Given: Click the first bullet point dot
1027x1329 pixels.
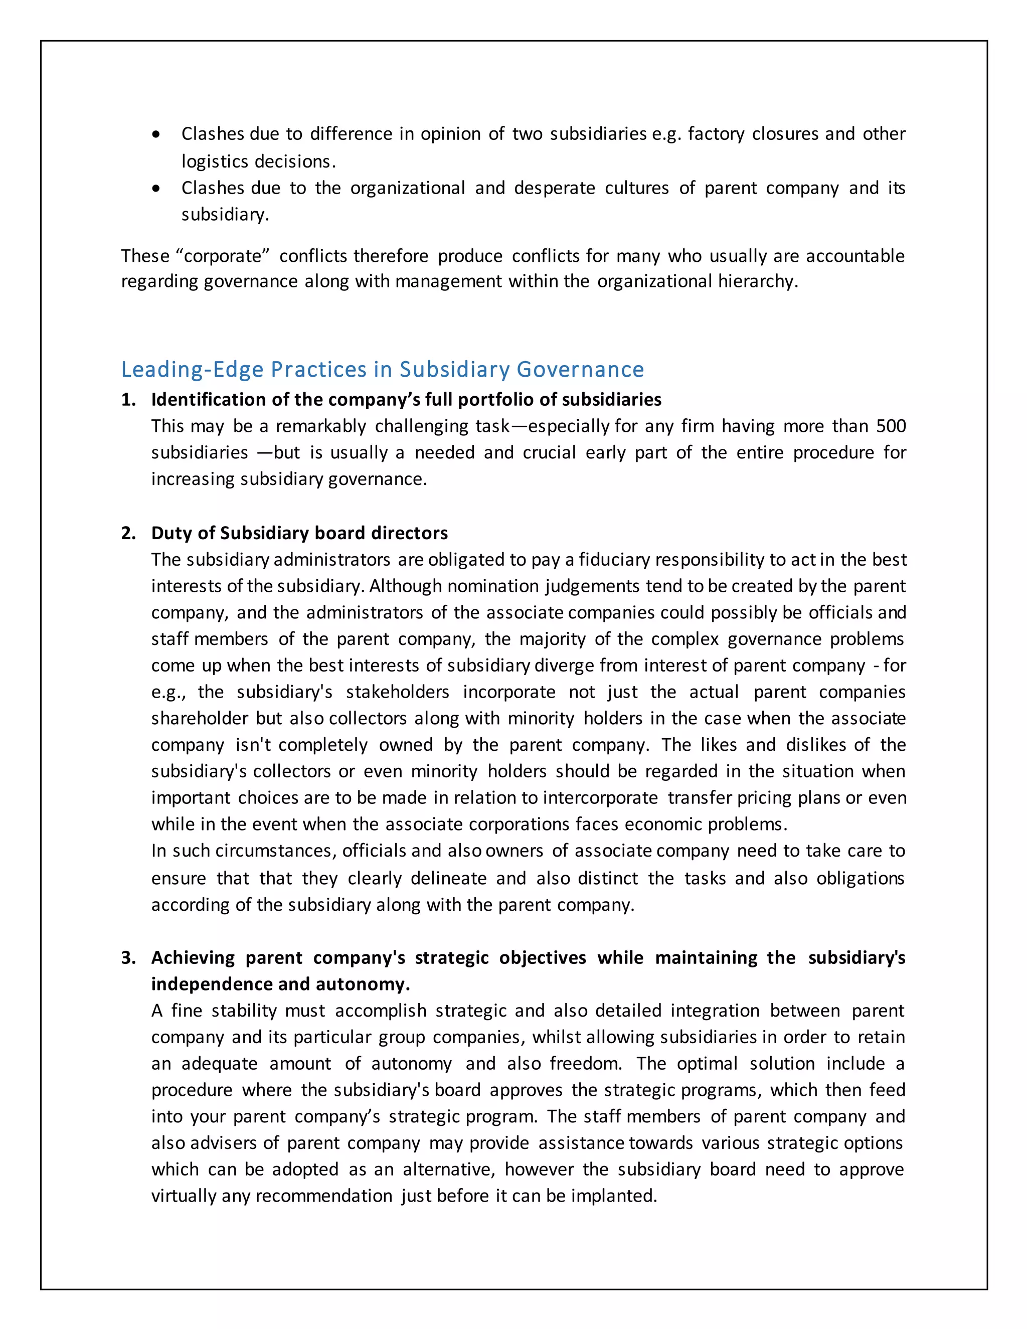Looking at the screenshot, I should point(157,135).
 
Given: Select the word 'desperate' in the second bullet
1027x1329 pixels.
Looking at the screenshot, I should point(554,188).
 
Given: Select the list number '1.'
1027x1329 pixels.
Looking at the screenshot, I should point(128,400).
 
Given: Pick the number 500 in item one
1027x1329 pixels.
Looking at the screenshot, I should point(891,426).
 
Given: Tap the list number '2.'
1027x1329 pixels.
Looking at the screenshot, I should point(128,533).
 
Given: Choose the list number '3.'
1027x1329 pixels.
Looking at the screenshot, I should point(128,958).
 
